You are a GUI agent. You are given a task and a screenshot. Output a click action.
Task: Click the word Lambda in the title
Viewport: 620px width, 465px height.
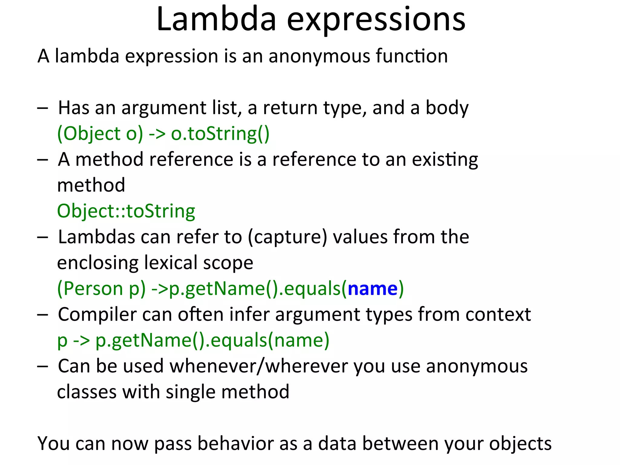(216, 19)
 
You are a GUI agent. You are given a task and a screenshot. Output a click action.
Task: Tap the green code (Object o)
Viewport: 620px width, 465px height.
(100, 134)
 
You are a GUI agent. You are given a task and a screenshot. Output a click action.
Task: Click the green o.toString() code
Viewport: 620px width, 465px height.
(220, 134)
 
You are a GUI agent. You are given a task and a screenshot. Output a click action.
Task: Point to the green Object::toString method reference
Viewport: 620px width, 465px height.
(126, 211)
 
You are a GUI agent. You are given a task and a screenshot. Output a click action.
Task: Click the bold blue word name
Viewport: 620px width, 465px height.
(372, 289)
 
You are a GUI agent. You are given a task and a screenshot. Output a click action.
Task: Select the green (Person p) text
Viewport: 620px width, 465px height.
(101, 289)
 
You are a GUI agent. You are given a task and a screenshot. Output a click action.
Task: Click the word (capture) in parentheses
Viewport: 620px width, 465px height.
(287, 237)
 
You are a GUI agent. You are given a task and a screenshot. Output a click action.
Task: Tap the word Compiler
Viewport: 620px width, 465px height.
(97, 315)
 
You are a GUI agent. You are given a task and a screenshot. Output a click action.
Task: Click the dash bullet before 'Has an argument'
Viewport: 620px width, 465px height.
(43, 108)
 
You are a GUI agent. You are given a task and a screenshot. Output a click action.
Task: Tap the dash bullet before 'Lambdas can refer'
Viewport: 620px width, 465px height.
(43, 237)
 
